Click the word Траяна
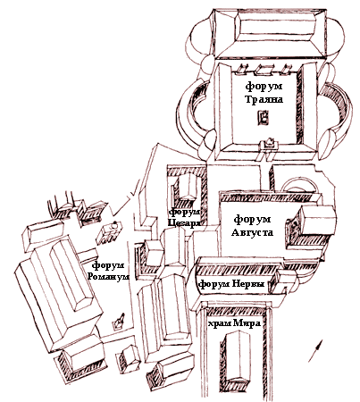(264, 99)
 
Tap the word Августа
(252, 232)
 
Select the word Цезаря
(184, 222)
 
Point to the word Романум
(109, 276)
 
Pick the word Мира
(247, 323)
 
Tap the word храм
(220, 323)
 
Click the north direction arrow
(315, 351)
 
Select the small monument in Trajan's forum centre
(264, 117)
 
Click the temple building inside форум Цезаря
(187, 187)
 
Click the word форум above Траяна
(264, 87)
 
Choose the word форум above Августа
(252, 220)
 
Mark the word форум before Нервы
(214, 285)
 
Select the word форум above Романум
(108, 264)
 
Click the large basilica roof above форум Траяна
(271, 33)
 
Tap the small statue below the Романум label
(118, 321)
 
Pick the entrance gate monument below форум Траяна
(270, 146)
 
